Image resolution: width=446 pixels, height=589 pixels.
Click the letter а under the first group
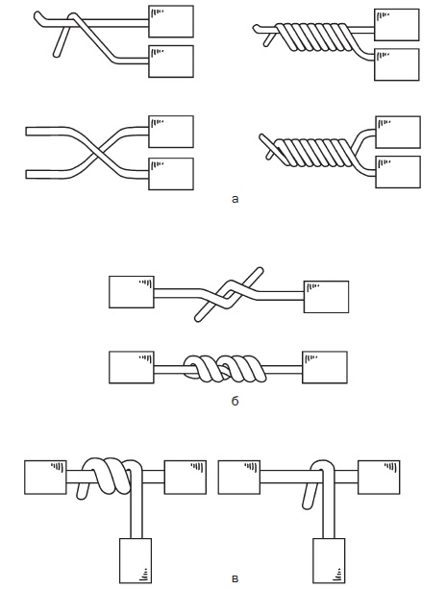235,199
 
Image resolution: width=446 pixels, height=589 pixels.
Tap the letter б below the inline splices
235,401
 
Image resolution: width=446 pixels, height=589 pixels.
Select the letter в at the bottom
235,578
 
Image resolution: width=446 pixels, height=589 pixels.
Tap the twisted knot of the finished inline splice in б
225,368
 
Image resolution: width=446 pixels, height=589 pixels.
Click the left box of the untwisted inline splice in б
132,292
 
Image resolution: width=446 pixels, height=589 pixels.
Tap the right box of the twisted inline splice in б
325,367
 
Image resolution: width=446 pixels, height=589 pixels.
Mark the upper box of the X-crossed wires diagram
171,132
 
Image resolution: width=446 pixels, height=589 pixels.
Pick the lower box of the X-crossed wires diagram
171,174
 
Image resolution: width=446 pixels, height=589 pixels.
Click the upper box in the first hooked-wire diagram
171,21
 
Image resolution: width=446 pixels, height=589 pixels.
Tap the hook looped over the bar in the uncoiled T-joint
322,470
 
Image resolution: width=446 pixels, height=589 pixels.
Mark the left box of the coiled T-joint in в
45,477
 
